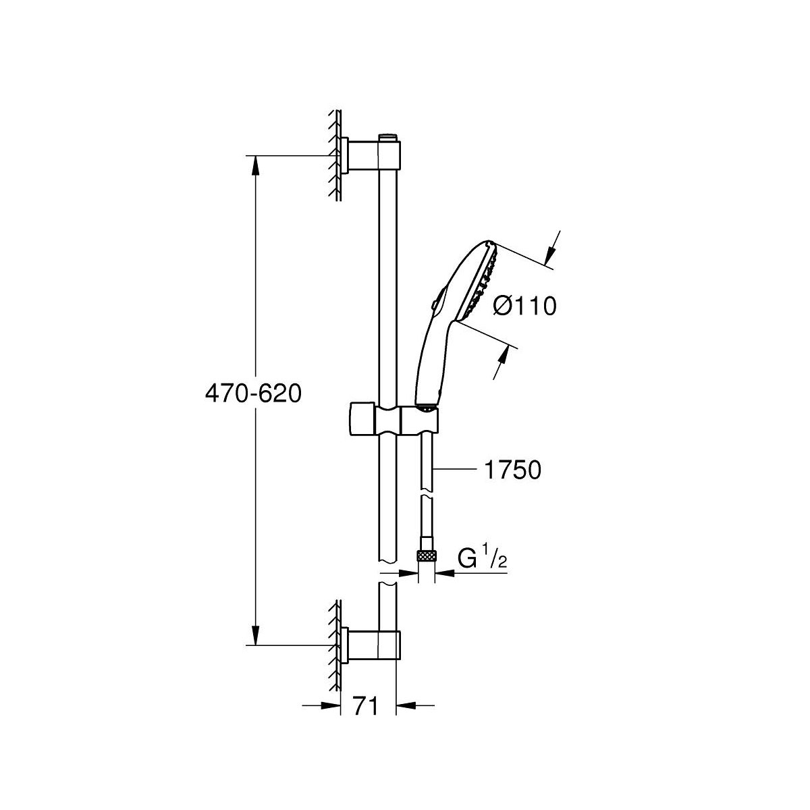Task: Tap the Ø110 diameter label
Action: [x=524, y=306]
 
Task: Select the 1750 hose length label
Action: [x=512, y=470]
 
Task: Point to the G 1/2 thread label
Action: [x=481, y=560]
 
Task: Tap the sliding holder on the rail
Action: [x=395, y=420]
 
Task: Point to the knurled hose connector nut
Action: [x=426, y=556]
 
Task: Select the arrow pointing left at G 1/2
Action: [x=446, y=573]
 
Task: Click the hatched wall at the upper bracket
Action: [x=334, y=155]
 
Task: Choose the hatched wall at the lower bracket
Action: [x=334, y=645]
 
